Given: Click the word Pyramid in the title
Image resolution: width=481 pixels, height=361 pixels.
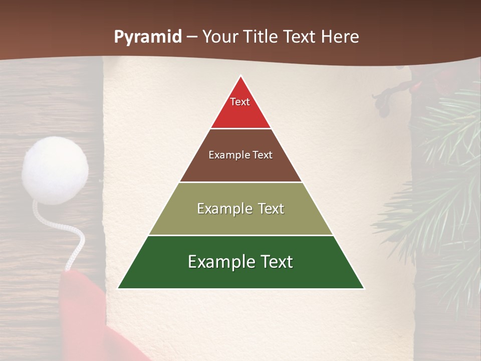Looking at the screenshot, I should click(147, 37).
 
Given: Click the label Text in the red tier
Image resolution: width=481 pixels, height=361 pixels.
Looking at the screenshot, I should click(240, 102).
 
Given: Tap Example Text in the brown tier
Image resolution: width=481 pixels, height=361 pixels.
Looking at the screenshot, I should click(241, 155).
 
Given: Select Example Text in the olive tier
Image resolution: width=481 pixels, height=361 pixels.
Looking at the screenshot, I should click(241, 209).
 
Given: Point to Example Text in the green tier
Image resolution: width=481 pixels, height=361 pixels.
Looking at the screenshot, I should click(241, 262).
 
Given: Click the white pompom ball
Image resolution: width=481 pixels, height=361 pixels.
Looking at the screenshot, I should click(55, 170).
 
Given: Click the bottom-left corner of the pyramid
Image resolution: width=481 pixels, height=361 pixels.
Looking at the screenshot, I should click(118, 288).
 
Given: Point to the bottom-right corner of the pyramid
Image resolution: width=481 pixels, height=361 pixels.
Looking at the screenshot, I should click(364, 288).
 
